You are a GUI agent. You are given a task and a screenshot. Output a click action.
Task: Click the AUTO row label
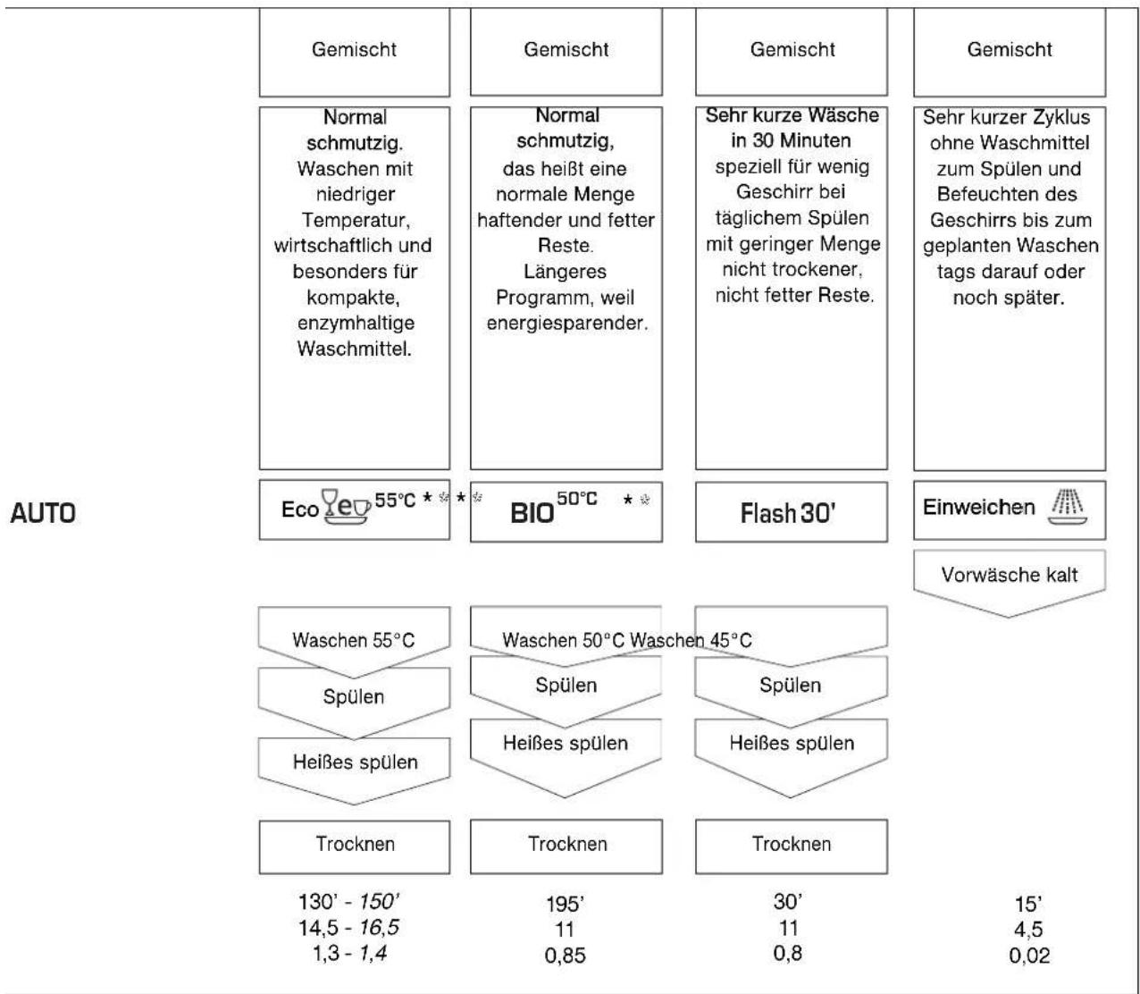tap(43, 513)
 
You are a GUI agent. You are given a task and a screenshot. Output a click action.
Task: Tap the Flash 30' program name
tap(788, 513)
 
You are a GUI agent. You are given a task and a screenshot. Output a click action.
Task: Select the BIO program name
tap(532, 513)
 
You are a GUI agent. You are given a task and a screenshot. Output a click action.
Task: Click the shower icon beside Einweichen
tap(1067, 506)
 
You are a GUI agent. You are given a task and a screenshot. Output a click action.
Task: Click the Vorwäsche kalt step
tap(1010, 574)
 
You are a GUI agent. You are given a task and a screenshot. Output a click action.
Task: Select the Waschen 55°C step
tap(353, 640)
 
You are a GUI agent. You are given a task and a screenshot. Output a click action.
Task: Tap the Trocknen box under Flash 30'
tap(792, 844)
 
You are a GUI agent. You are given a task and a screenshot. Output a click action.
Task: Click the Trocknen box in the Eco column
tap(355, 844)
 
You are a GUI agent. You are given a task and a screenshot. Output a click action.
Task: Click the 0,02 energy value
tap(1029, 956)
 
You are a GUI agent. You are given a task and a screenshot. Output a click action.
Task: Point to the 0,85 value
tap(565, 956)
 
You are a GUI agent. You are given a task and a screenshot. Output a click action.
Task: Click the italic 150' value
tap(379, 901)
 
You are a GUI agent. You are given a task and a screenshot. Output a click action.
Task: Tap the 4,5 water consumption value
tap(1028, 930)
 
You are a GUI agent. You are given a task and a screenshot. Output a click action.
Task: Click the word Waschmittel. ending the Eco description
tap(355, 349)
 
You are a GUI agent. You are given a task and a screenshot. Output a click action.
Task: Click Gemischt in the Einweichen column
tap(1010, 50)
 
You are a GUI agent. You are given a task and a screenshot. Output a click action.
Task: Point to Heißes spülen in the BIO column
tap(565, 743)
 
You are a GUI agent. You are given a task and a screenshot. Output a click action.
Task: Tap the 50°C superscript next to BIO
tap(576, 499)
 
